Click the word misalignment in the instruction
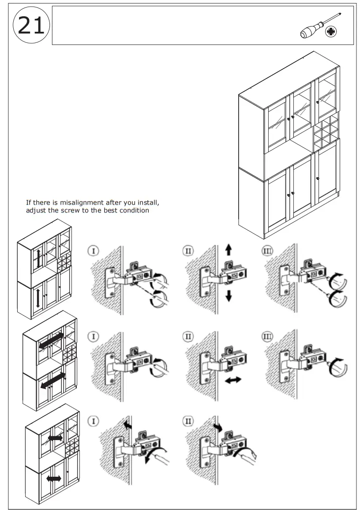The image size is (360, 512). click(x=84, y=202)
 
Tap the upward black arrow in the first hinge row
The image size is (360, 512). click(x=228, y=250)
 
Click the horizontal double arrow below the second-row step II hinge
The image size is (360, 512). click(x=232, y=380)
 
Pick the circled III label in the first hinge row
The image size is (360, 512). click(x=268, y=251)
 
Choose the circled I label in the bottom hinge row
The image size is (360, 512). click(x=93, y=421)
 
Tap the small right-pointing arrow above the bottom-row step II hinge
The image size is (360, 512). click(x=218, y=427)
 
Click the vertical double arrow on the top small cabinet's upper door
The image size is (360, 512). click(x=39, y=258)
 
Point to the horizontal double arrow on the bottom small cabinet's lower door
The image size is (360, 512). click(x=54, y=478)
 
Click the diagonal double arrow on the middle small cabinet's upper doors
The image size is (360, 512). click(x=51, y=341)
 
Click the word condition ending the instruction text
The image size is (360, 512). click(x=133, y=210)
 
